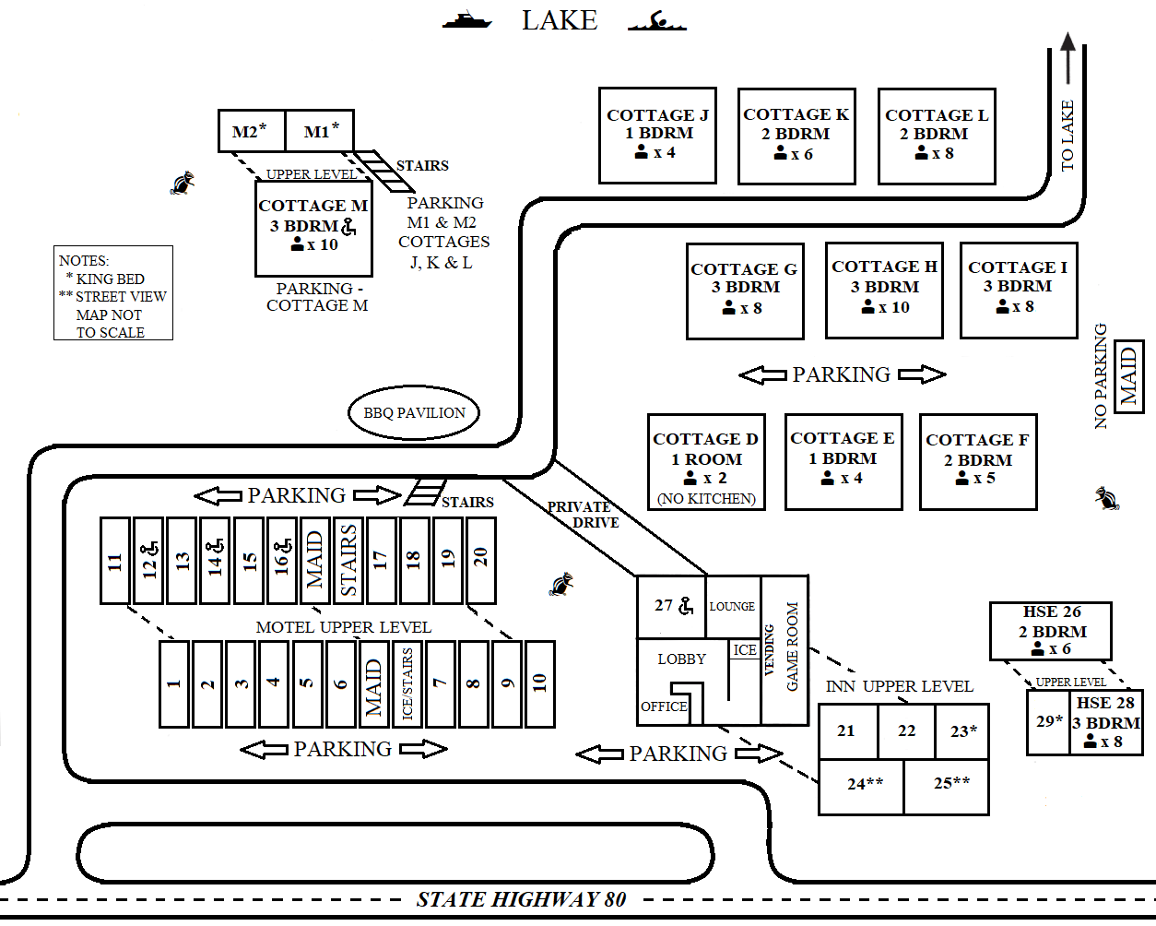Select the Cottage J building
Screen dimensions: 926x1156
[657, 135]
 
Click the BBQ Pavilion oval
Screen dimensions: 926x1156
[414, 413]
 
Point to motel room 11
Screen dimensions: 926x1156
[114, 561]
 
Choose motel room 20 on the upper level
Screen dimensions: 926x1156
[480, 561]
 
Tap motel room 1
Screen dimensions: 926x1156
[173, 683]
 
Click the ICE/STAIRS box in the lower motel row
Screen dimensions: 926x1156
[407, 683]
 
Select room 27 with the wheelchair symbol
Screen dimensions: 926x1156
[671, 606]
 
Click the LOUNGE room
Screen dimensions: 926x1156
[733, 606]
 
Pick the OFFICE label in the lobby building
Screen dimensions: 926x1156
[664, 706]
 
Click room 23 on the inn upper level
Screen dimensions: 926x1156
[962, 731]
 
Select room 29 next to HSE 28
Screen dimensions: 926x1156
[1048, 722]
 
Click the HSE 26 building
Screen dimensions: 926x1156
[1051, 631]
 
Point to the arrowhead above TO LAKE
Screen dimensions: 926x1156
[1068, 43]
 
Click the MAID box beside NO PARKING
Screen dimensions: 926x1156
[1128, 376]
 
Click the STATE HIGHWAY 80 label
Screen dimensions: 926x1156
[521, 899]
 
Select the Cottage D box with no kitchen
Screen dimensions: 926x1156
[706, 461]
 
